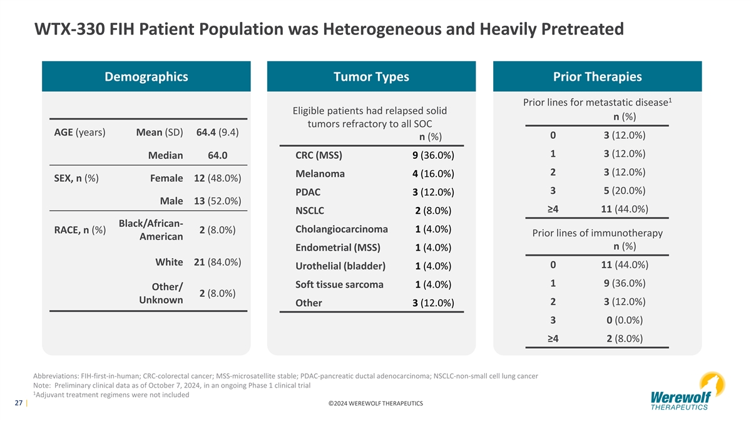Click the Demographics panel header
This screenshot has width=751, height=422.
coord(146,76)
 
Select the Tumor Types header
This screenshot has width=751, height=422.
coord(371,76)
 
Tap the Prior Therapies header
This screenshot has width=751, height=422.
coord(598,76)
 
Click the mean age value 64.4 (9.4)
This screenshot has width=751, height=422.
coord(218,133)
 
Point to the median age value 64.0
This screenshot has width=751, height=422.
coord(218,156)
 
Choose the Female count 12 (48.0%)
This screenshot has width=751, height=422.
coord(218,178)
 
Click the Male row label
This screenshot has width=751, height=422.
coord(171,201)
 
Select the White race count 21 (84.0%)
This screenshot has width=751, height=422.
coord(218,262)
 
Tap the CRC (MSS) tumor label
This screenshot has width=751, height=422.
coord(319,156)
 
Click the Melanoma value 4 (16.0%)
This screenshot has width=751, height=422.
coord(433,174)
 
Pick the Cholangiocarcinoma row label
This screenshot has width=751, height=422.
coord(342,229)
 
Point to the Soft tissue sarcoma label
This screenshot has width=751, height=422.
coord(339,284)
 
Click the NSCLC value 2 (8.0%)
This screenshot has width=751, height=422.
coord(433,211)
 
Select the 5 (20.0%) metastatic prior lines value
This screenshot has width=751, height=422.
coord(625,191)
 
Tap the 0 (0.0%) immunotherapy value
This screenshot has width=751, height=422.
coord(625,320)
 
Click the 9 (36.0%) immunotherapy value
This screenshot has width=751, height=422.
coord(625,283)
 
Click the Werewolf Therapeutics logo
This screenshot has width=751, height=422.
coord(687,391)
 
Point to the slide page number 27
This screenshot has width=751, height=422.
coord(18,403)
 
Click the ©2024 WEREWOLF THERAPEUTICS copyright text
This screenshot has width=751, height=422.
coord(375,404)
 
